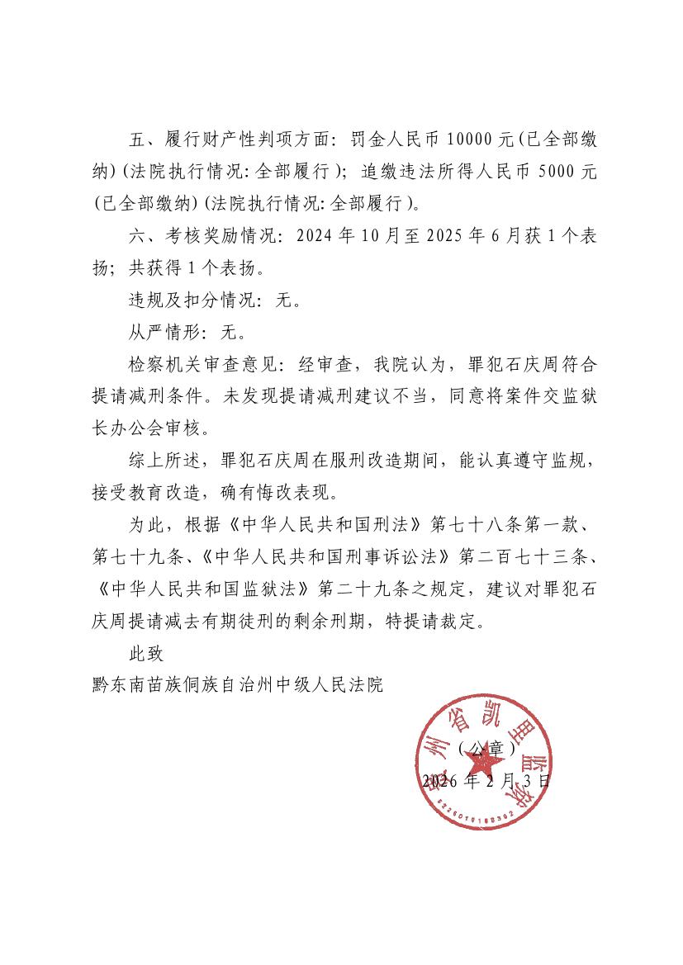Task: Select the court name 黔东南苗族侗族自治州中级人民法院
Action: (239, 685)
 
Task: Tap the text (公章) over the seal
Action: (486, 749)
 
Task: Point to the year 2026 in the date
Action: (441, 780)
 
